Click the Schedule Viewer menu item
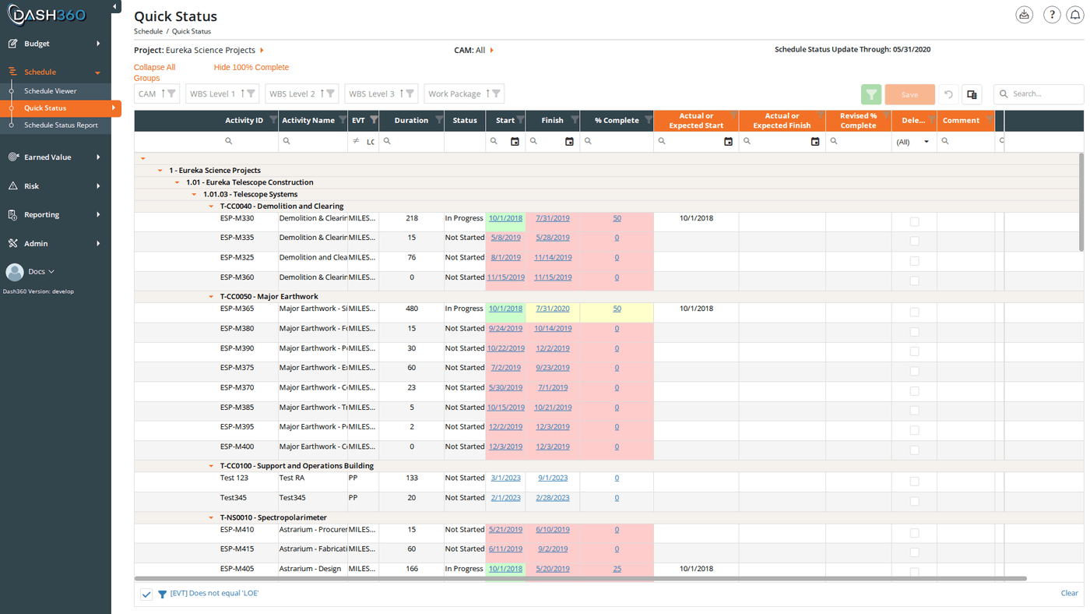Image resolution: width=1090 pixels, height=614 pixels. click(x=50, y=91)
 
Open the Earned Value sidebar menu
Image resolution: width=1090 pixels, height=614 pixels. click(x=47, y=157)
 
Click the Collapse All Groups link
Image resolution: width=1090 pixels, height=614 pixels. click(x=154, y=72)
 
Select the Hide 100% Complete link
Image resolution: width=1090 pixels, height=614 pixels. click(x=251, y=67)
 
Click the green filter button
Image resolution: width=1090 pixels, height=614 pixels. click(x=871, y=94)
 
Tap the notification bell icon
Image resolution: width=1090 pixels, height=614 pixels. click(x=1074, y=15)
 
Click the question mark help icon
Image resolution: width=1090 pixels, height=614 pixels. click(x=1052, y=15)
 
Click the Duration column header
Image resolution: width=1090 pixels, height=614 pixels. click(x=411, y=120)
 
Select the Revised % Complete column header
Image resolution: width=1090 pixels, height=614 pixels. click(x=858, y=121)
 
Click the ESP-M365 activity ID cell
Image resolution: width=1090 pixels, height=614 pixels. click(x=237, y=309)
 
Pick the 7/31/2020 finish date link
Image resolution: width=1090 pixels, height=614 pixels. click(x=552, y=309)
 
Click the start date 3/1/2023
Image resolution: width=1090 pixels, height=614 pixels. click(x=505, y=478)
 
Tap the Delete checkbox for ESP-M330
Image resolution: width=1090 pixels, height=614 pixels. click(x=914, y=222)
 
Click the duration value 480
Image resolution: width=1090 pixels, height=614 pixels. click(x=412, y=309)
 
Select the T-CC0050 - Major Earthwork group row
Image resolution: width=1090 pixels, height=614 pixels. click(x=269, y=297)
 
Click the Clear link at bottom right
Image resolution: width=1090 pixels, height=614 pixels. click(x=1069, y=593)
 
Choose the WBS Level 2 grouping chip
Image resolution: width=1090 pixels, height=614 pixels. click(x=301, y=94)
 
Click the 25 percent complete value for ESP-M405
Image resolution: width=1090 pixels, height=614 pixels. click(x=617, y=569)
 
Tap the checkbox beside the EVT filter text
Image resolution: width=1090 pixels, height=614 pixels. click(x=146, y=594)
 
